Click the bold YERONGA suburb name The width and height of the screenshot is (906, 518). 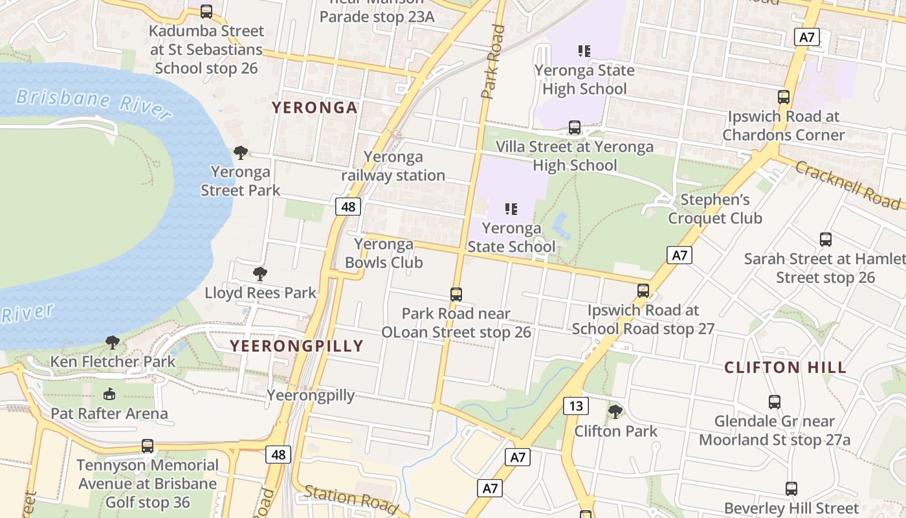[x=315, y=107]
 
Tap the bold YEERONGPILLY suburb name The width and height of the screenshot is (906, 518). [x=296, y=346]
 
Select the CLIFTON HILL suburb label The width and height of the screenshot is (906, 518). [x=785, y=368]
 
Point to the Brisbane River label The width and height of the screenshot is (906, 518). [x=94, y=104]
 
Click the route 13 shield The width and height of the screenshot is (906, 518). [x=575, y=406]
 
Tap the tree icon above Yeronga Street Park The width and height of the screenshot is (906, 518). [x=241, y=153]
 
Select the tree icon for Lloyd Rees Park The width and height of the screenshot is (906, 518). [x=260, y=274]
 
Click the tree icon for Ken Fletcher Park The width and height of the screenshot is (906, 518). [x=113, y=343]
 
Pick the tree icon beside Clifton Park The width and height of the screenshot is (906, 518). [x=615, y=411]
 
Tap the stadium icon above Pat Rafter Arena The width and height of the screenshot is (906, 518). [x=109, y=394]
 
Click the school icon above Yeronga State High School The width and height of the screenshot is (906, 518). [x=584, y=51]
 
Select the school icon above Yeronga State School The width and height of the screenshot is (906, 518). [x=511, y=208]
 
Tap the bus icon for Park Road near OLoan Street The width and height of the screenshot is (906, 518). [x=456, y=294]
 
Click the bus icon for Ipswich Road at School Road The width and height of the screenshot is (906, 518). [x=643, y=290]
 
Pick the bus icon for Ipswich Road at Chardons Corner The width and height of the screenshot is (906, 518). [x=784, y=97]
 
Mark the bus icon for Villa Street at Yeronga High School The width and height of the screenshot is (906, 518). [x=574, y=128]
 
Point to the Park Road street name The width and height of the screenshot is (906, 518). [x=493, y=62]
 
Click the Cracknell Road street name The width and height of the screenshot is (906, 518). [x=848, y=185]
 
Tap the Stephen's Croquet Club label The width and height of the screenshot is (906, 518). [x=715, y=208]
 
